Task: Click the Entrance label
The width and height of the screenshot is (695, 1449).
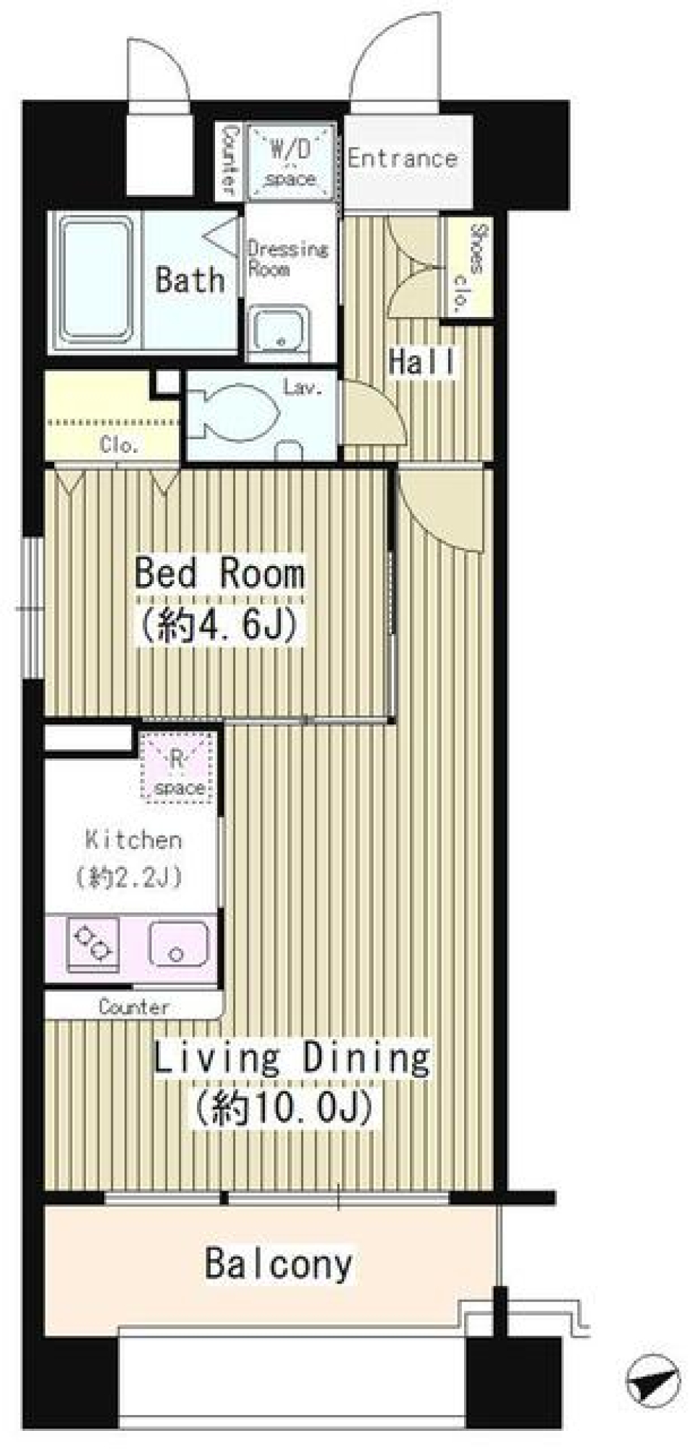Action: click(402, 158)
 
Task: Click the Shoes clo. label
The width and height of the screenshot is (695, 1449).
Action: click(469, 267)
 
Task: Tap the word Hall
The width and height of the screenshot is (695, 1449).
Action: click(422, 362)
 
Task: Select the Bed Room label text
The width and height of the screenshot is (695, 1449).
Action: click(219, 573)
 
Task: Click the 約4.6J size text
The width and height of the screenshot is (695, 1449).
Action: click(218, 625)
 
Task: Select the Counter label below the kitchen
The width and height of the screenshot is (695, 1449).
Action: click(135, 1007)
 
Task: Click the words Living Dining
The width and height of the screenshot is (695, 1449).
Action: click(292, 1058)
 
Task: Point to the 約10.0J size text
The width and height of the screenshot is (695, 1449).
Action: click(283, 1108)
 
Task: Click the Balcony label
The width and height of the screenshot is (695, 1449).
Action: click(279, 1264)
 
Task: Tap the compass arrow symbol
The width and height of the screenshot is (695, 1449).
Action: click(653, 1379)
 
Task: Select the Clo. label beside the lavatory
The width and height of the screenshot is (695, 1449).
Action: click(119, 445)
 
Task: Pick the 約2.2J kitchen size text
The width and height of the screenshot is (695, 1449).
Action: click(130, 877)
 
